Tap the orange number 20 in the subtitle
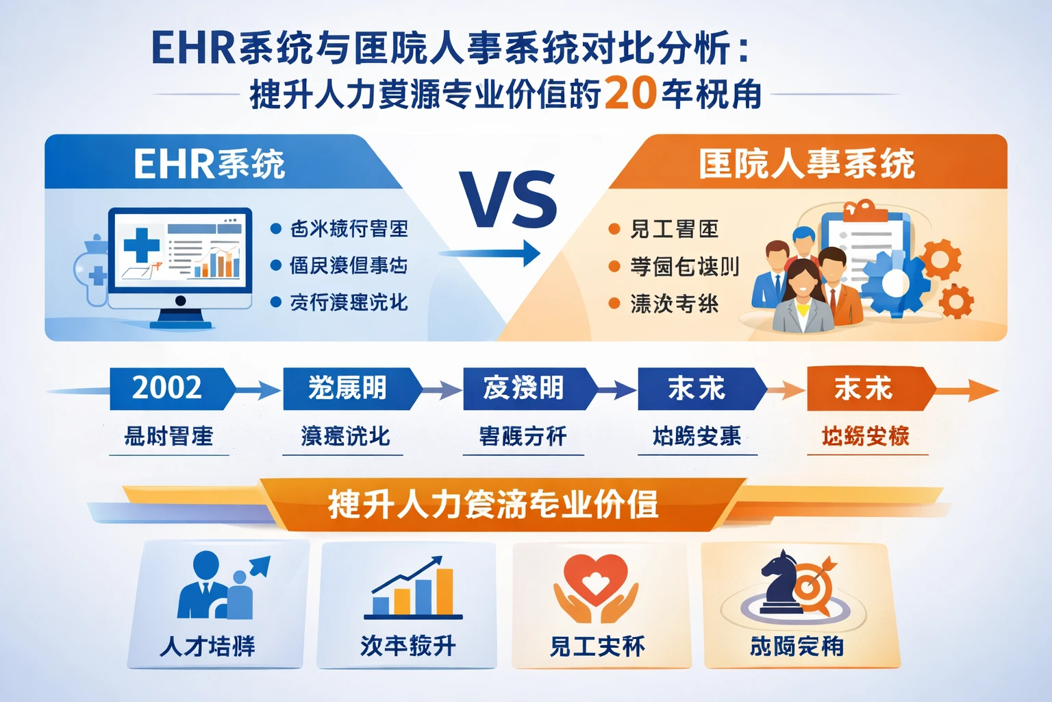(630, 94)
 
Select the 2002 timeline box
(167, 388)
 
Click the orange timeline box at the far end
(864, 389)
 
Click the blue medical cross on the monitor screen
(142, 244)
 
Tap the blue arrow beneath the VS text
(489, 253)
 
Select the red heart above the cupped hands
(595, 577)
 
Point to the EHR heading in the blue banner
(208, 165)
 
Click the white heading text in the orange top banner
(806, 165)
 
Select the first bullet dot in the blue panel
(276, 229)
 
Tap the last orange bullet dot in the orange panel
(614, 303)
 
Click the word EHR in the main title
(194, 49)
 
